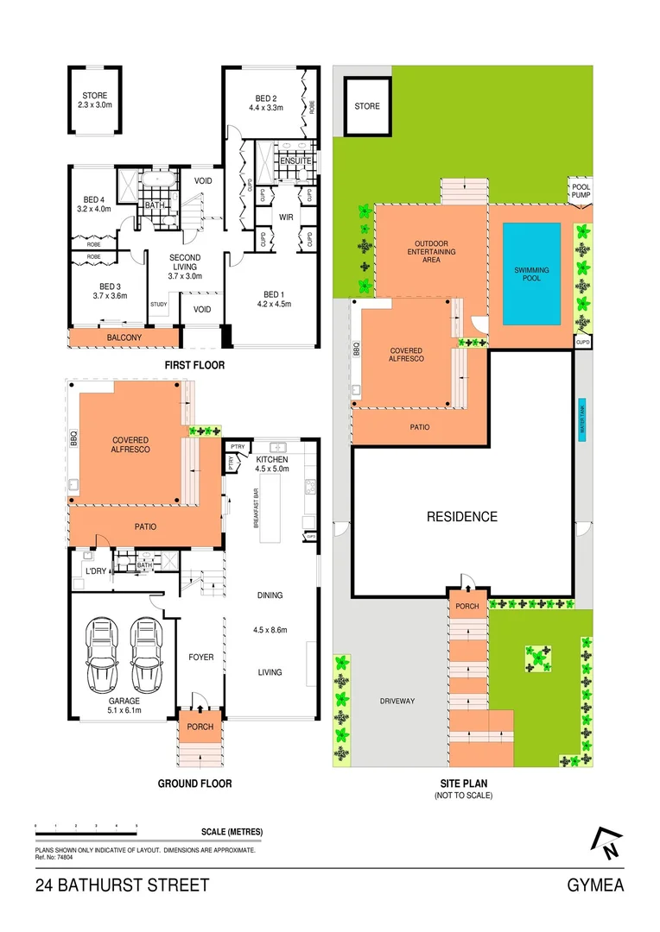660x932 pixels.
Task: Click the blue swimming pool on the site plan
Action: point(531,274)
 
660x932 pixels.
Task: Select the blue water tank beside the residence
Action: point(583,420)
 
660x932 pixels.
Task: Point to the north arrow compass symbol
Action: point(608,843)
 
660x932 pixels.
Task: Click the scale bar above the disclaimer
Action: point(86,828)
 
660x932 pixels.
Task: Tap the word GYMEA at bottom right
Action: point(595,885)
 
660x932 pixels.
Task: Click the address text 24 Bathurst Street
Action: point(122,885)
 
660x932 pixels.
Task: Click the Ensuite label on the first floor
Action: point(295,161)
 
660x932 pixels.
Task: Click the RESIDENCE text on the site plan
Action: point(462,517)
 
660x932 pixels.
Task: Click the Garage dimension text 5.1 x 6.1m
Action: point(123,712)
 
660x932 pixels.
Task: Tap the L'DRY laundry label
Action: point(95,571)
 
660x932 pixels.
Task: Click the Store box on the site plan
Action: point(367,106)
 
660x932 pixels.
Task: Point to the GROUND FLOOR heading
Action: point(194,784)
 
